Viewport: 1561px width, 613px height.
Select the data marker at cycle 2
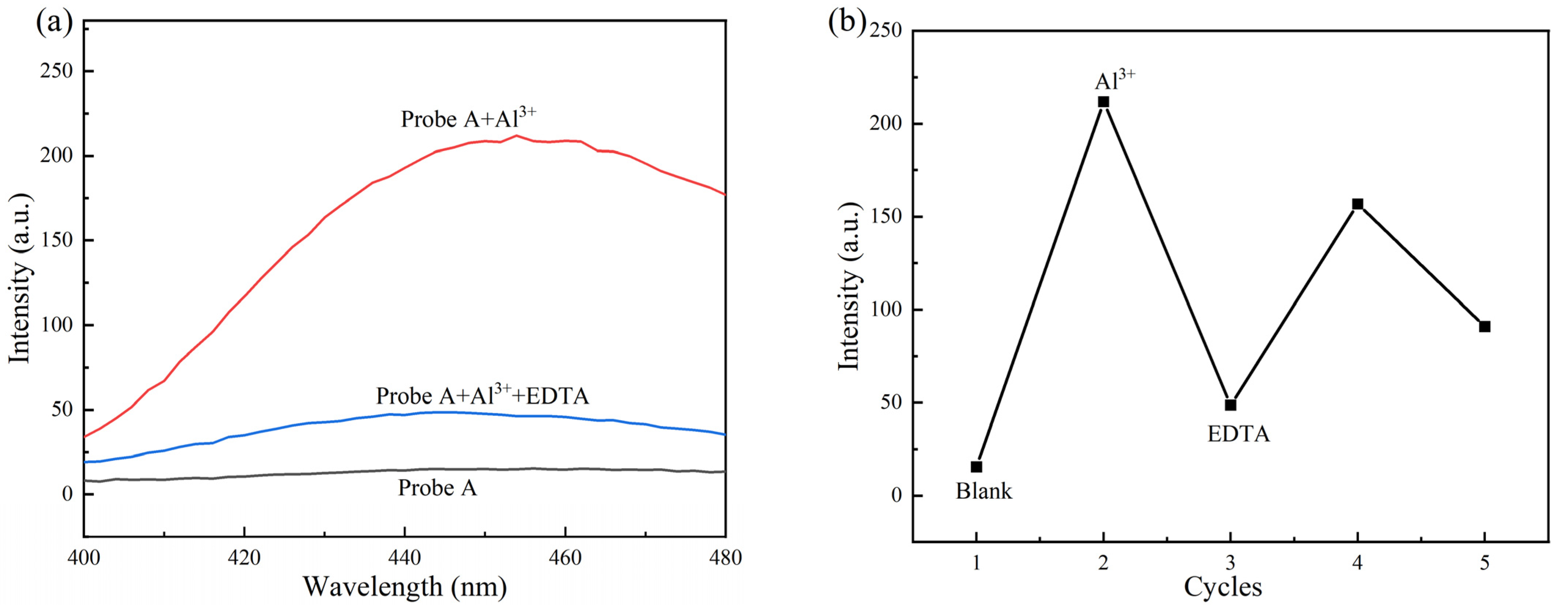pyautogui.click(x=1104, y=102)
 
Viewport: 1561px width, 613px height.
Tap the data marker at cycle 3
pyautogui.click(x=1230, y=405)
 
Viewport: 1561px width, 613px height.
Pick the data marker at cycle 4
pyautogui.click(x=1357, y=204)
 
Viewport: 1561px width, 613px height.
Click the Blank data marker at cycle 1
pyautogui.click(x=976, y=466)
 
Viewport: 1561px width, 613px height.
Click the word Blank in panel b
pyautogui.click(x=983, y=491)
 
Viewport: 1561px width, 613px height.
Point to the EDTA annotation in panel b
pyautogui.click(x=1238, y=434)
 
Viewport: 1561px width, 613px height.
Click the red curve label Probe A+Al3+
pyautogui.click(x=468, y=118)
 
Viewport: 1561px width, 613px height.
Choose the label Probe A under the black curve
pyautogui.click(x=437, y=488)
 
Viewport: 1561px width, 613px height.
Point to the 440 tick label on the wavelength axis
pyautogui.click(x=404, y=557)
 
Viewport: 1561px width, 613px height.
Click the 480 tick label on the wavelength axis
pyautogui.click(x=725, y=557)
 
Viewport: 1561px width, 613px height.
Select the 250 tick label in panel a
pyautogui.click(x=56, y=71)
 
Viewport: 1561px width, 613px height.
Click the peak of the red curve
pyautogui.click(x=516, y=136)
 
